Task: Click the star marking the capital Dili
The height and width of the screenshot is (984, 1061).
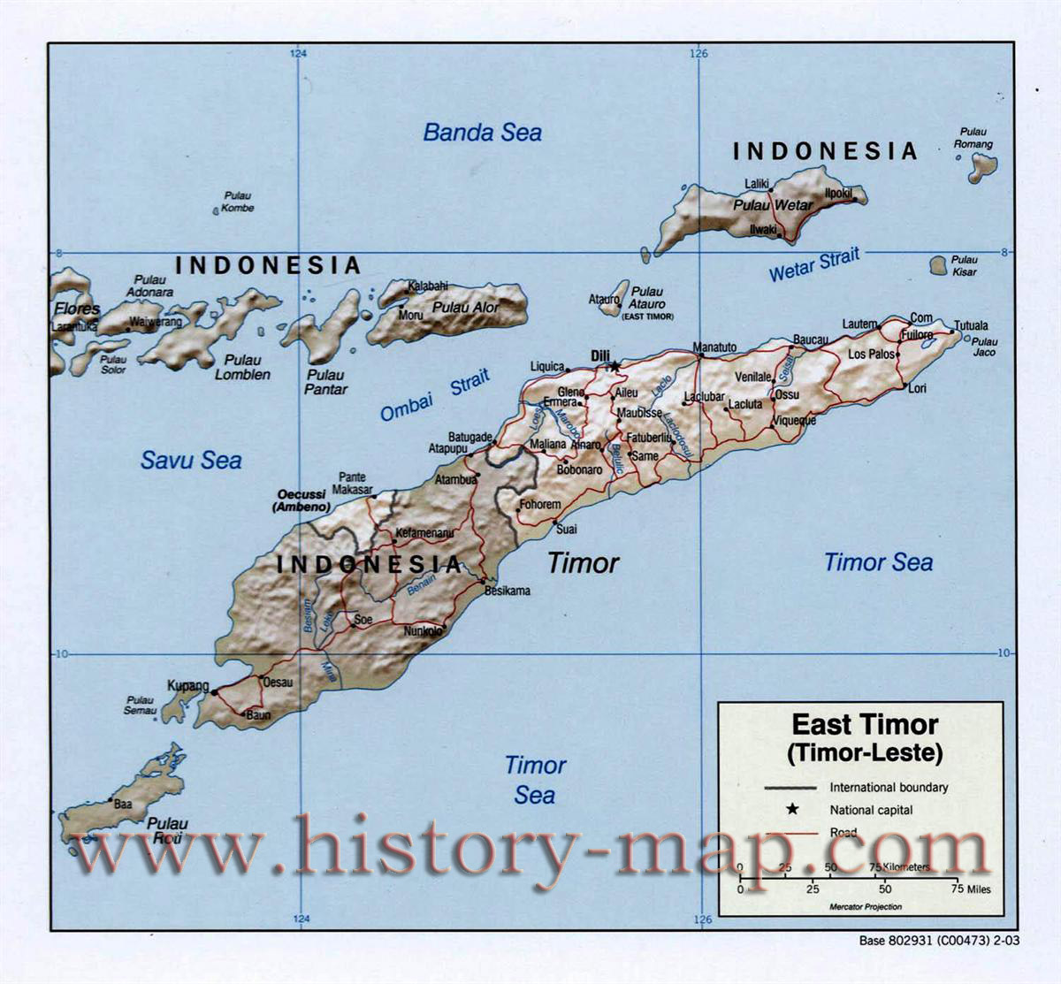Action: coord(614,365)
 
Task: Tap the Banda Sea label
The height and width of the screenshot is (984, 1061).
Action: coord(482,133)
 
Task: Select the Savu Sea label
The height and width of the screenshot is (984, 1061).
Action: coord(191,460)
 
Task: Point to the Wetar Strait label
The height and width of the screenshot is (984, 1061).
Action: coord(813,265)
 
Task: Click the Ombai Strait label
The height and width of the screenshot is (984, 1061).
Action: coord(434,396)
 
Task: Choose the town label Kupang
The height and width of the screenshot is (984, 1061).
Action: coord(188,686)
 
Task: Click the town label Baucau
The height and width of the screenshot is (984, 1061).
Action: coord(811,339)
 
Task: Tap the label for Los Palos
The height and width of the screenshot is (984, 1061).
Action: coord(871,355)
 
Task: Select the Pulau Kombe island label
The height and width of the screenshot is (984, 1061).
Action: coord(237,202)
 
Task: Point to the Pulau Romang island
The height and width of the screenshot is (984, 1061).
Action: coord(982,166)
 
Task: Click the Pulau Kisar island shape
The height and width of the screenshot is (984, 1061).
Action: coord(939,265)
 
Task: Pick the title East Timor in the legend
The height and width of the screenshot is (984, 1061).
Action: coord(864,725)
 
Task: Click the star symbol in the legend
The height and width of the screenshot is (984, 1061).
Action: coord(792,809)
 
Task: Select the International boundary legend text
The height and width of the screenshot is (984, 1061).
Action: coord(888,787)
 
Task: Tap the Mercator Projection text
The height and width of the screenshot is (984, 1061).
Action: coord(865,907)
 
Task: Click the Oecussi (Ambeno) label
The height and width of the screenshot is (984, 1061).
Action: coord(303,501)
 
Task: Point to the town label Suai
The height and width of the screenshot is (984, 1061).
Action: coord(566,529)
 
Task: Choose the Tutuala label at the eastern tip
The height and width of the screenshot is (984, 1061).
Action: coord(971,325)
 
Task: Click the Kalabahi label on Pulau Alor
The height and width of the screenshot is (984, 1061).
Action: coord(427,286)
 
